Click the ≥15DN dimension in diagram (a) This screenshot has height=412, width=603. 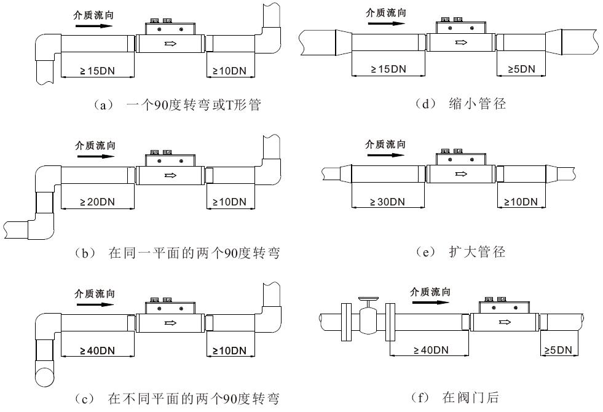(x=98, y=71)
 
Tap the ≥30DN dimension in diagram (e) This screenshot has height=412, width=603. (x=388, y=202)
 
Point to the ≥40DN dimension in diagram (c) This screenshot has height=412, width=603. (x=98, y=351)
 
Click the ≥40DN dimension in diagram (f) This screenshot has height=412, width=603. (x=431, y=351)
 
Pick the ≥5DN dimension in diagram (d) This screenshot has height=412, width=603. (x=522, y=69)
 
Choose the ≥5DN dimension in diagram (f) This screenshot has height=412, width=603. (x=558, y=351)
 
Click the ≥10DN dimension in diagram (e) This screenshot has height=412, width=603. (x=521, y=202)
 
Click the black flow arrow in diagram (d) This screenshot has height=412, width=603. (x=385, y=25)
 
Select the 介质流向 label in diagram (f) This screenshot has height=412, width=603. (x=430, y=291)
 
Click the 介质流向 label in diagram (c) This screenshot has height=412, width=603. (x=95, y=294)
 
